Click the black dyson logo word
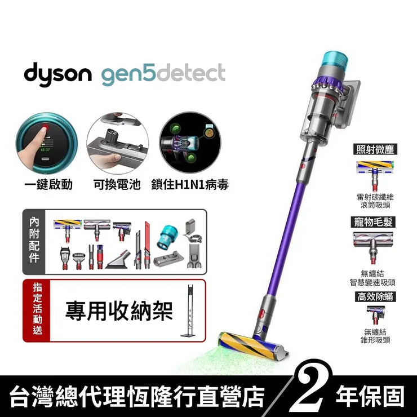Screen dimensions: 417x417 (57, 74)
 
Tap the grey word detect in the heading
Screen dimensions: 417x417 (191, 73)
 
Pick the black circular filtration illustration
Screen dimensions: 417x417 (190, 143)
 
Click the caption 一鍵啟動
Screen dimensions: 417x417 (48, 185)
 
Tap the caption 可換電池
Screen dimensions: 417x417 (117, 185)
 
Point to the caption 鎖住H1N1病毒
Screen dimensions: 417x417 (190, 185)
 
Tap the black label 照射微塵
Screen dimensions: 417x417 (375, 149)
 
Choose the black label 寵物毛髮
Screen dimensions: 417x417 (373, 222)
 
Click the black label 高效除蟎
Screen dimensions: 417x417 (375, 296)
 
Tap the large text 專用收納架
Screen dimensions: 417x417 (119, 311)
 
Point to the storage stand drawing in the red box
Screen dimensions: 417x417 (189, 310)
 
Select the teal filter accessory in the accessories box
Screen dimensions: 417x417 (168, 237)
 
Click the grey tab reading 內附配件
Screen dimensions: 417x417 (34, 242)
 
